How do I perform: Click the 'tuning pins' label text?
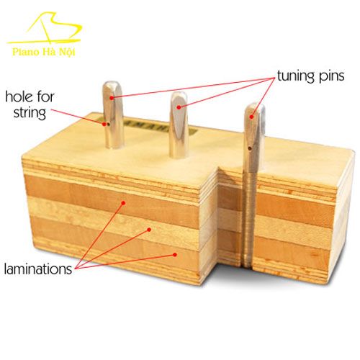[311, 76]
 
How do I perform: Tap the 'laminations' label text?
[38, 269]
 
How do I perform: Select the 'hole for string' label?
[30, 105]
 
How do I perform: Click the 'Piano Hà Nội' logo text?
[44, 52]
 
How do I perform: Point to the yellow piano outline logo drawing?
[45, 28]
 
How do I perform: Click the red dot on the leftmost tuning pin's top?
[112, 98]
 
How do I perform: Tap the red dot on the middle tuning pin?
[179, 107]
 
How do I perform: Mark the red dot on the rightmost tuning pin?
[251, 117]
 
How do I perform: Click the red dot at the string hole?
[104, 124]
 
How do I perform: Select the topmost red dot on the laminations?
[123, 203]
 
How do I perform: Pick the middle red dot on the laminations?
[149, 230]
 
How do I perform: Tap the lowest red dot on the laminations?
[175, 254]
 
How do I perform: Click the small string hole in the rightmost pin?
[250, 148]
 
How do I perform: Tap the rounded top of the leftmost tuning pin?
[112, 86]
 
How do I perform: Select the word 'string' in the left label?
[30, 113]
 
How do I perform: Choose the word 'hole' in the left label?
[19, 96]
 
